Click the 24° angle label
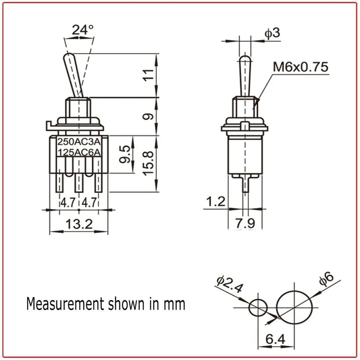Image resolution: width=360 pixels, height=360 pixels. pos(83,30)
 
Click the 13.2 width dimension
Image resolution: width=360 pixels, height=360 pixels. pos(79,224)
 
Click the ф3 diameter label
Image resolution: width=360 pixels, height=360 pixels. pos(272,33)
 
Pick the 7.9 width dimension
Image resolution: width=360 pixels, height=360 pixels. pos(245,222)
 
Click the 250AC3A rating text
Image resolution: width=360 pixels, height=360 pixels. pos(79,141)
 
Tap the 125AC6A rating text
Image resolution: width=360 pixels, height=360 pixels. pos(79,152)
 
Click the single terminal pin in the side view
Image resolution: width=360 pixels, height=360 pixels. pos(245,184)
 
